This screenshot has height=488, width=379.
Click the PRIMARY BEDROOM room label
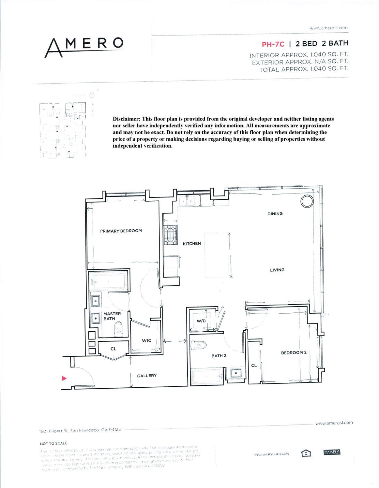coord(121,231)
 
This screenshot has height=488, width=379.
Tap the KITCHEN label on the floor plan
coord(191,243)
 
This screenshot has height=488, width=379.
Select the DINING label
coord(275,214)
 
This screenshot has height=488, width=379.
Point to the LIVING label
coord(277,270)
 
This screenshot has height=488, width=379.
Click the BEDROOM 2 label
coord(294,352)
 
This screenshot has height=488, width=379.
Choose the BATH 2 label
coord(219,356)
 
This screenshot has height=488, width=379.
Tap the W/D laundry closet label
coord(201,321)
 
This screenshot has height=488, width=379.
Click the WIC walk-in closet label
coord(146,340)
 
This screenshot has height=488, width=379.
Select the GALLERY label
coord(146,376)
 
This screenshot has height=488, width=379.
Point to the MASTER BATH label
coord(112,316)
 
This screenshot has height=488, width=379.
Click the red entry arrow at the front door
coord(64,378)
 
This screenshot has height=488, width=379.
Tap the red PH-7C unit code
coord(270,44)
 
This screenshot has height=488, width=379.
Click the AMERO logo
coord(84,46)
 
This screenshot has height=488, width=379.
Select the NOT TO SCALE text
coord(54,443)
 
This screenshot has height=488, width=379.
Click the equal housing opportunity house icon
coord(305,453)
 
